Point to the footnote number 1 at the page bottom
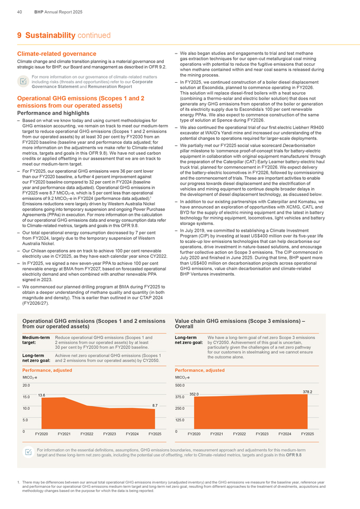click(19, 481)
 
